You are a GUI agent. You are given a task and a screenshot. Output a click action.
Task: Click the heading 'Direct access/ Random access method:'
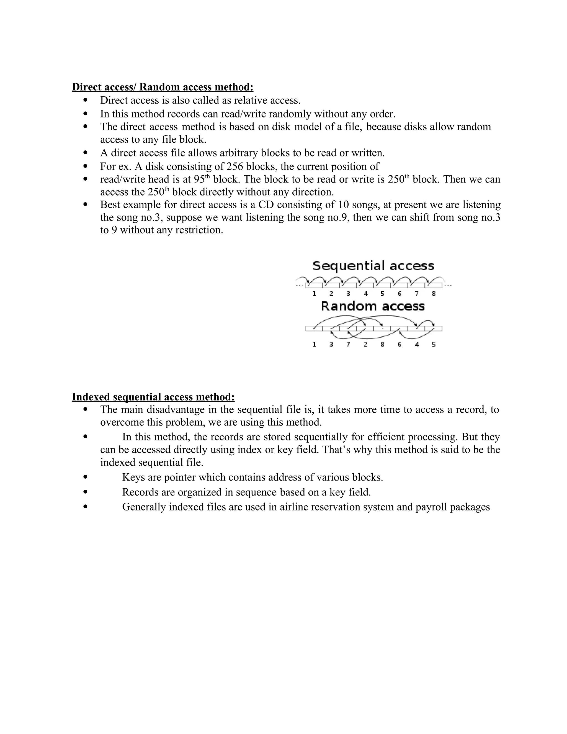163,87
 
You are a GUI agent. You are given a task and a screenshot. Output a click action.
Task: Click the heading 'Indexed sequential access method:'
153,397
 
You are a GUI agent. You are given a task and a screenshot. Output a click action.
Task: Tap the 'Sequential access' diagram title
373,266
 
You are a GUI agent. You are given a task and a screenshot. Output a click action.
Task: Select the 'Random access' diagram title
373,306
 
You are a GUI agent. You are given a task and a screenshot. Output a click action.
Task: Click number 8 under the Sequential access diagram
434,294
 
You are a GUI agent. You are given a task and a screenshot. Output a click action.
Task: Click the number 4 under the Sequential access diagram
365,294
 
